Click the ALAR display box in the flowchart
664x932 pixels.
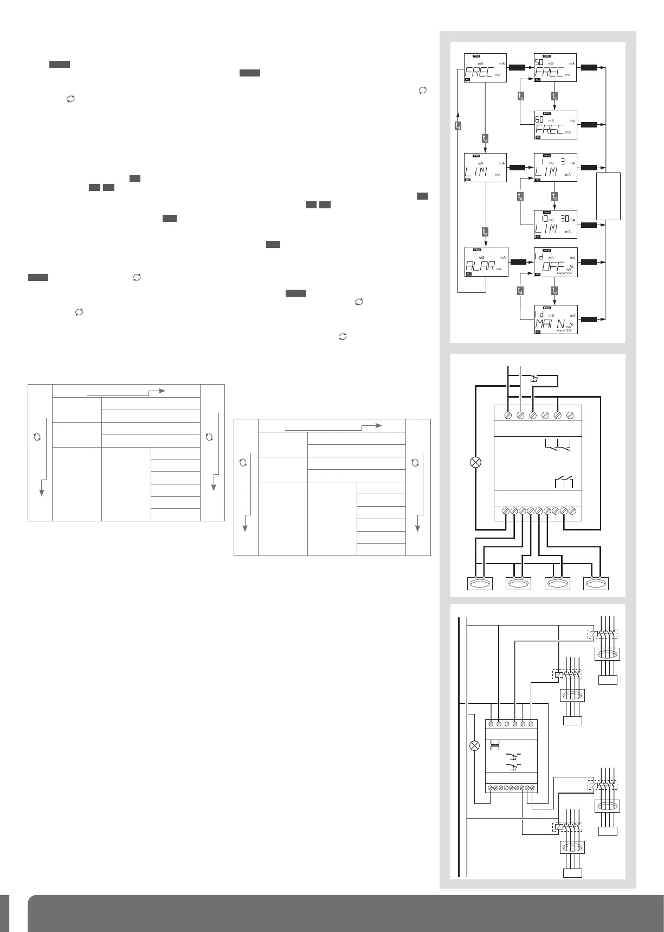[486, 261]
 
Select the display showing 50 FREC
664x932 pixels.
[556, 68]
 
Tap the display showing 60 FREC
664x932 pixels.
[556, 125]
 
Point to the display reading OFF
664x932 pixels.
[556, 261]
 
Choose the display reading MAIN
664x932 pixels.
[556, 319]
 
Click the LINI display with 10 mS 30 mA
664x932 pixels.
[556, 224]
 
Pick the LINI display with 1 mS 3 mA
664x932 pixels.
[556, 167]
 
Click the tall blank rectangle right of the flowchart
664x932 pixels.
[608, 196]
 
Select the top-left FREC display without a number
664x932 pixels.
[486, 68]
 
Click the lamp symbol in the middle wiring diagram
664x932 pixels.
[475, 462]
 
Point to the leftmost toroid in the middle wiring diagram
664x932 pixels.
[480, 583]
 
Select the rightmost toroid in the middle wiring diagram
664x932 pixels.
[596, 583]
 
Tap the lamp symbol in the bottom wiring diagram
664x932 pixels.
[474, 745]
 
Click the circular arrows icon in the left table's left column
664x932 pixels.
[37, 437]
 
